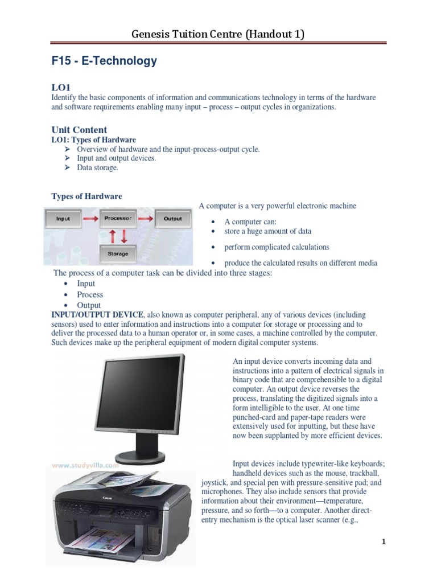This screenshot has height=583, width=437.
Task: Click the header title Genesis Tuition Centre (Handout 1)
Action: (x=218, y=34)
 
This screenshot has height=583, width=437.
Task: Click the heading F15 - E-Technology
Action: (x=104, y=61)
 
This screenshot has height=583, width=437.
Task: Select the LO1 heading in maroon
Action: (x=61, y=87)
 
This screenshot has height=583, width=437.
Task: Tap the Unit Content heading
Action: (x=79, y=129)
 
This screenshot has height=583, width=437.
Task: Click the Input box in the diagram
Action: (x=63, y=218)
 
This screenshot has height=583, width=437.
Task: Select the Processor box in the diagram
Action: (x=118, y=218)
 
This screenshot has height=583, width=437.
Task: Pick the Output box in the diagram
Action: (x=172, y=218)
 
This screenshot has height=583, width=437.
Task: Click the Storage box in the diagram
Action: (x=118, y=253)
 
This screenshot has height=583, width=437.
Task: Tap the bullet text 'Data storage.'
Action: (x=98, y=167)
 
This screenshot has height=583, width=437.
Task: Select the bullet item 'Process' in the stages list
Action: (x=90, y=294)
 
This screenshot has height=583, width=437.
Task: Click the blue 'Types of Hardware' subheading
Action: (x=86, y=196)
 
